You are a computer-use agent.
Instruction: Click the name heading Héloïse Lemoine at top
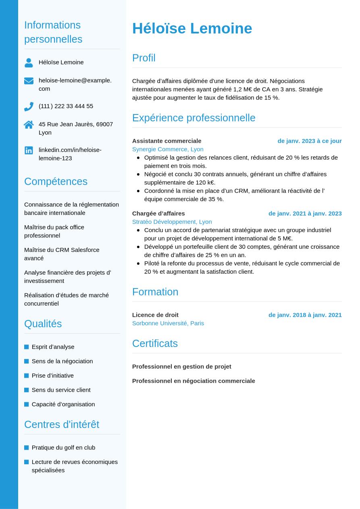click(192, 29)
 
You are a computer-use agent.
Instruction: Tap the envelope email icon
click(29, 81)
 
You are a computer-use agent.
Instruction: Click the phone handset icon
click(29, 106)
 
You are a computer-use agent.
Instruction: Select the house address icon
click(29, 125)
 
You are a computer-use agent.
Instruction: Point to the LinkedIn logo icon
click(29, 150)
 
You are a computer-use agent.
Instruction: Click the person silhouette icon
click(29, 62)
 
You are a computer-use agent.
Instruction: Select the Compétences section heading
click(56, 181)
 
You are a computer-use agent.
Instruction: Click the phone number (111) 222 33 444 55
click(66, 106)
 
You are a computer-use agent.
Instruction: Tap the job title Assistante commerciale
click(166, 141)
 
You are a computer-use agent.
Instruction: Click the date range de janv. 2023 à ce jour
click(309, 141)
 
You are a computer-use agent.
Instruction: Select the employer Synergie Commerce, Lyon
click(168, 149)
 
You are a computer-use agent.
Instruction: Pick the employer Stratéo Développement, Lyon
click(172, 222)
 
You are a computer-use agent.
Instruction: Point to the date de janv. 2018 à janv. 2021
click(305, 315)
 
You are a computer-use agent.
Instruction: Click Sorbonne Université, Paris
click(168, 323)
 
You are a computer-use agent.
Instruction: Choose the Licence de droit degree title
click(155, 315)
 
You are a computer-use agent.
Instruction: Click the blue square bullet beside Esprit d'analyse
click(27, 347)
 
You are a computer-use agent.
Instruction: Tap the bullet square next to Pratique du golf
click(27, 448)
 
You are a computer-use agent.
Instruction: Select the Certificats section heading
click(155, 343)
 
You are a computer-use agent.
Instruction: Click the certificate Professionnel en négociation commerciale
click(194, 381)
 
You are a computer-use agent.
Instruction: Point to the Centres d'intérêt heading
click(62, 424)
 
